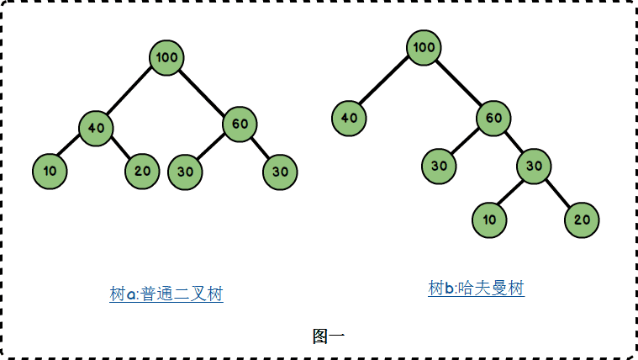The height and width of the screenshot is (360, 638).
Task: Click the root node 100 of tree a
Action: tap(167, 57)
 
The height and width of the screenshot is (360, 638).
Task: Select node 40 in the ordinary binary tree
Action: tap(96, 128)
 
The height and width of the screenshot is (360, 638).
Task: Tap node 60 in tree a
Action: tap(240, 124)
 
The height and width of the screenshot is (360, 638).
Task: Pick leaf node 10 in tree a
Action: tap(50, 172)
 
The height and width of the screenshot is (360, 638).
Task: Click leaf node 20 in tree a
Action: tap(142, 172)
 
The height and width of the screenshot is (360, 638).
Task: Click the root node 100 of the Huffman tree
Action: tap(424, 47)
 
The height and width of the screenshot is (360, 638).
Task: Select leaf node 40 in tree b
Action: tap(349, 118)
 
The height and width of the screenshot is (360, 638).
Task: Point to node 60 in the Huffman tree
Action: tap(493, 118)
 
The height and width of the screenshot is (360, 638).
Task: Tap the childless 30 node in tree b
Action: tap(440, 166)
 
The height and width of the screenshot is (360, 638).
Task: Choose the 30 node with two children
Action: tap(534, 166)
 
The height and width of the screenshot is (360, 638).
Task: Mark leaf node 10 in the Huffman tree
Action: tap(489, 220)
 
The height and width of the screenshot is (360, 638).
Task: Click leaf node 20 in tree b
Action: tap(582, 220)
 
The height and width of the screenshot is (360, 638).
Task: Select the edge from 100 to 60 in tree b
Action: tap(459, 82)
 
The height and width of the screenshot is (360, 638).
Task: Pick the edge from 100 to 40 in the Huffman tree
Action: tap(387, 82)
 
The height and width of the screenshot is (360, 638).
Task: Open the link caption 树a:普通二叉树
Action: tap(166, 294)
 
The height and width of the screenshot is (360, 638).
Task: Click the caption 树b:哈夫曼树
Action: tap(476, 289)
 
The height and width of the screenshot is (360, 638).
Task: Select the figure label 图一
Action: tap(328, 336)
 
